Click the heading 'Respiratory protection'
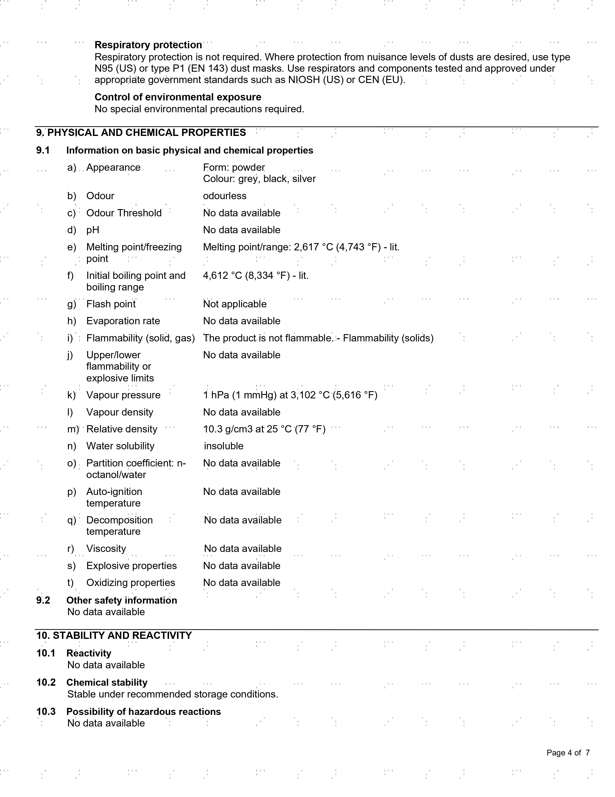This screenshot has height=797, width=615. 148,45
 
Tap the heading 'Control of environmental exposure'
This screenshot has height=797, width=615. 178,97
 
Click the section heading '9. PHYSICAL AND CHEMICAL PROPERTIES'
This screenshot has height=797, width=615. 141,133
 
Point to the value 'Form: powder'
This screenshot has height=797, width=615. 234,168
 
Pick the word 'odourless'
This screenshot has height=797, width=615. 225,196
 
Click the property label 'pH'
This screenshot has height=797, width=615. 93,230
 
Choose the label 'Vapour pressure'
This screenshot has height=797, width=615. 123,395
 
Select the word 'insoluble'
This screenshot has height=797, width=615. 224,446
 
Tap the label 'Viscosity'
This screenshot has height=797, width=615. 106,549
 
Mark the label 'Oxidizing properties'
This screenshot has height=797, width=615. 130,583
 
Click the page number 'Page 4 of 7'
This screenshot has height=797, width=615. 568,753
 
